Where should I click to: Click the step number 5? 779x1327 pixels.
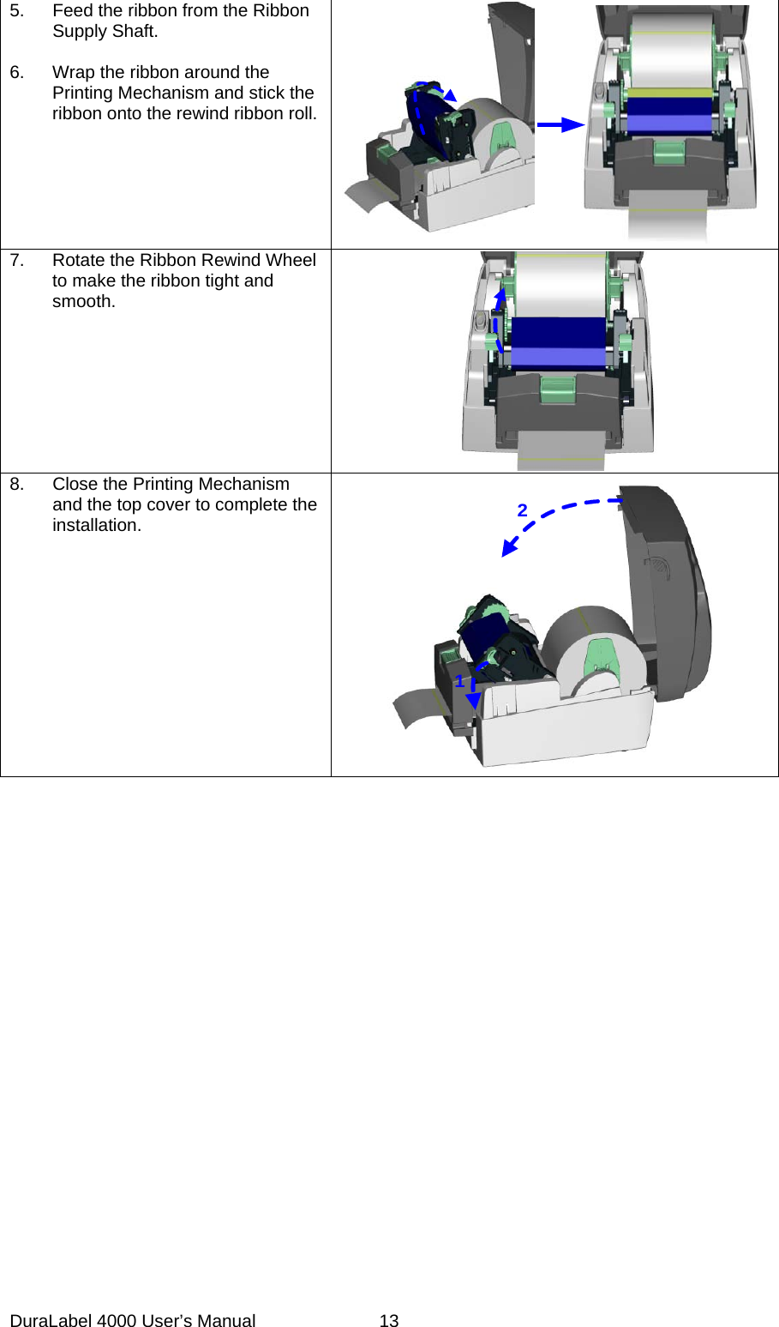pyautogui.click(x=16, y=11)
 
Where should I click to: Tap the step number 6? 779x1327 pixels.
pyautogui.click(x=16, y=73)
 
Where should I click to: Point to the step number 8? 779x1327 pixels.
pyautogui.click(x=16, y=485)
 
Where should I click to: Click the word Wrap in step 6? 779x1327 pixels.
pyautogui.click(x=73, y=73)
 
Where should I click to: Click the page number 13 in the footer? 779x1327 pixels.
pyautogui.click(x=389, y=1321)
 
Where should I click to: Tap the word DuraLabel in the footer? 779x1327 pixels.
pyautogui.click(x=51, y=1321)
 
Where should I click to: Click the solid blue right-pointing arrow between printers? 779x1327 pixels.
pyautogui.click(x=560, y=125)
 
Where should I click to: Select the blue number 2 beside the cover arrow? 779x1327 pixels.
pyautogui.click(x=522, y=510)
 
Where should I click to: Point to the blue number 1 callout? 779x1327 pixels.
pyautogui.click(x=459, y=681)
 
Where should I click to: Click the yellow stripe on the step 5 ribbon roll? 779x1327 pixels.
pyautogui.click(x=669, y=92)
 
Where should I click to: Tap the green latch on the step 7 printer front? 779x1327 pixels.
pyautogui.click(x=558, y=390)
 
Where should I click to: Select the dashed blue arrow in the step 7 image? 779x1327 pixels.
pyautogui.click(x=496, y=322)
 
